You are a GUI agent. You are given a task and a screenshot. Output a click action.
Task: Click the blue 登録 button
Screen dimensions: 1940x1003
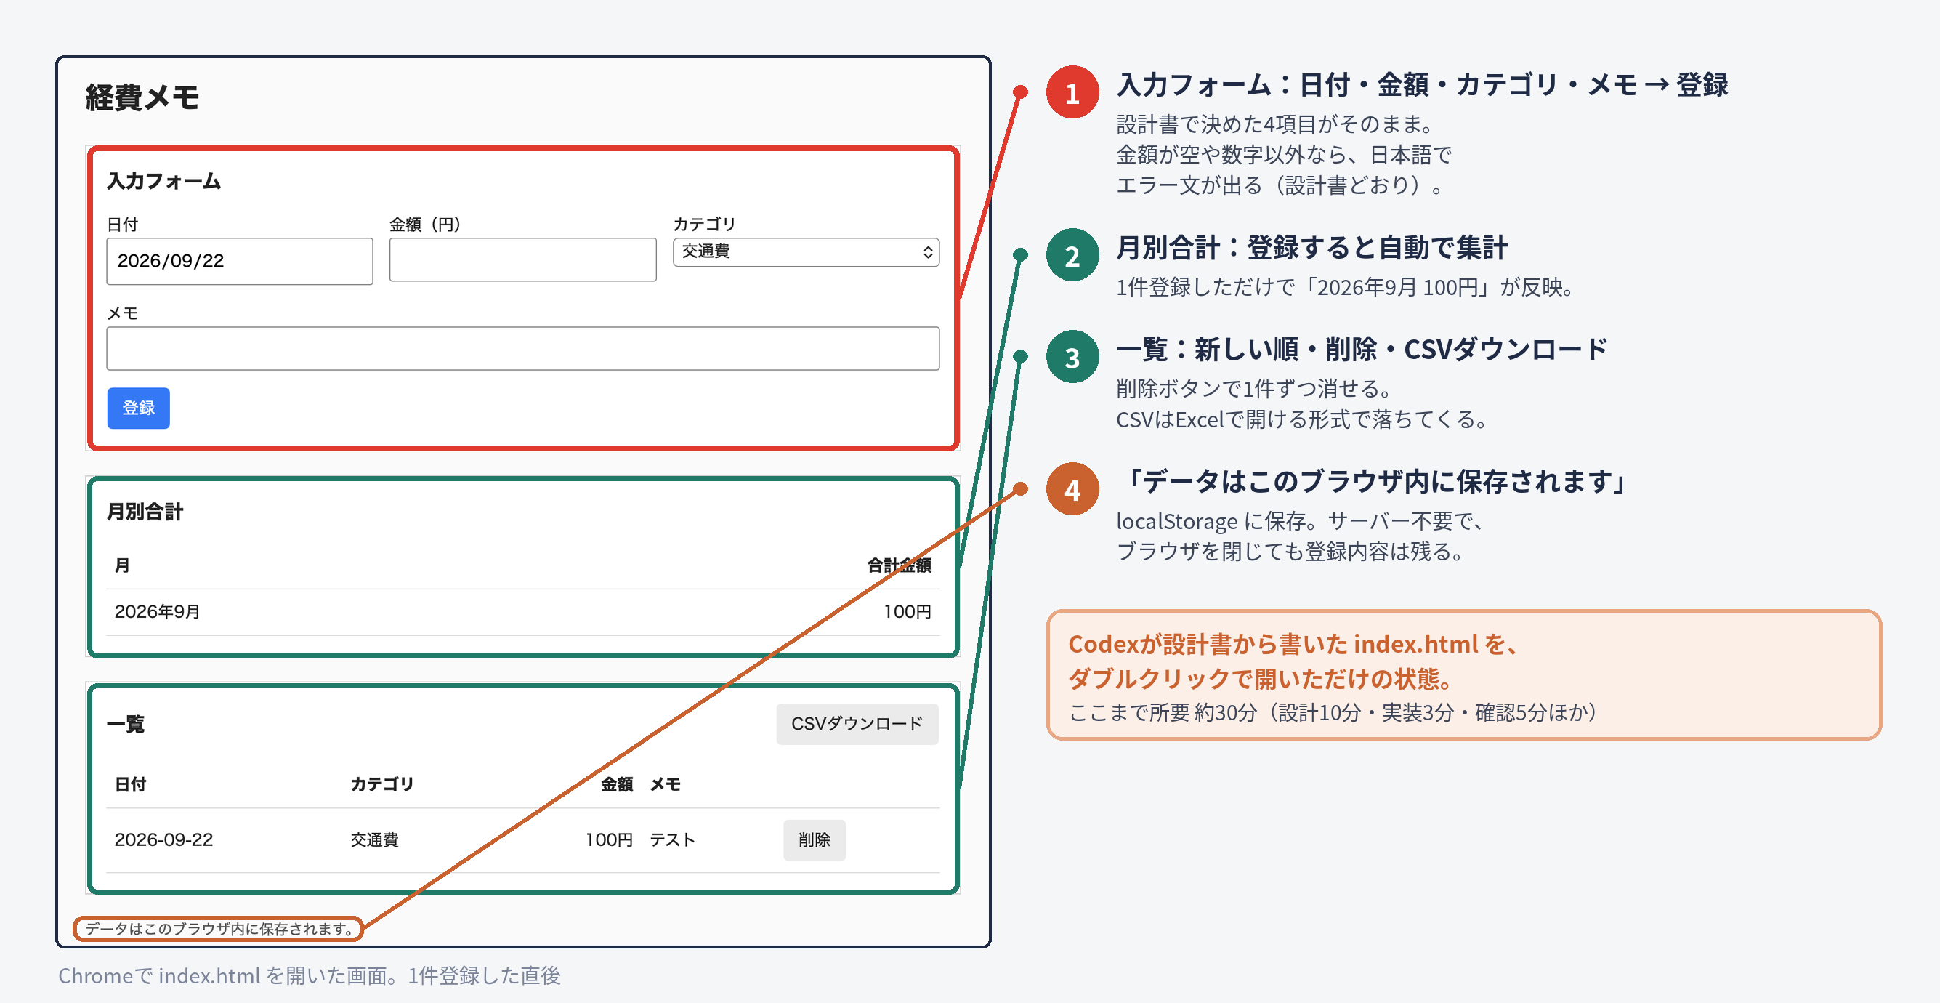click(139, 408)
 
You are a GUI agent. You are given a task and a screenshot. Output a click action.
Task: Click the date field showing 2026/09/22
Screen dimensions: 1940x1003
click(240, 261)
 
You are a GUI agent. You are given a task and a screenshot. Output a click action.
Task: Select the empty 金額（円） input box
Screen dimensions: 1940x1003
click(522, 260)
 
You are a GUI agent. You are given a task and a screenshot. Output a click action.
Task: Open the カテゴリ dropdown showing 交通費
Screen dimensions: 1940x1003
click(806, 251)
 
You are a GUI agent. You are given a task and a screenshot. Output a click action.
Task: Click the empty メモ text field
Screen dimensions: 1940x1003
click(522, 348)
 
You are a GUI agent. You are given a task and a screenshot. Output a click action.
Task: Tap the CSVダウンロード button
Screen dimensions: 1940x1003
click(857, 723)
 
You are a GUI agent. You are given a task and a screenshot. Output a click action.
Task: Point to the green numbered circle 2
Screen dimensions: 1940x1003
click(1072, 254)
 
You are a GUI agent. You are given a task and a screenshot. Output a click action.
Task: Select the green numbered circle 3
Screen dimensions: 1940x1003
click(1072, 356)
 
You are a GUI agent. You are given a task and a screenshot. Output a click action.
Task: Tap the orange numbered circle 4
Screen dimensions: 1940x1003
click(1072, 489)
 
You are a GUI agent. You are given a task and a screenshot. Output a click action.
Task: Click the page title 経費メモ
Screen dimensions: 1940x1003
click(142, 97)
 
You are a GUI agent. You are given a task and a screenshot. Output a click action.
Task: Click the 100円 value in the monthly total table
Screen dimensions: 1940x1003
click(908, 611)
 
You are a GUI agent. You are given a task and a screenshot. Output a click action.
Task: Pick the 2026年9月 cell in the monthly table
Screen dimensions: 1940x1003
click(158, 611)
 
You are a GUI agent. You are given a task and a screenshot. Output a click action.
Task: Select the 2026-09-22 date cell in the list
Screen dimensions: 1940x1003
click(163, 839)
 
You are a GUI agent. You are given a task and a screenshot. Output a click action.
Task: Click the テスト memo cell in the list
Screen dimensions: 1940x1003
click(673, 839)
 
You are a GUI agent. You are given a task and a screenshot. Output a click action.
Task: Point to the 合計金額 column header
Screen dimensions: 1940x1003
click(900, 565)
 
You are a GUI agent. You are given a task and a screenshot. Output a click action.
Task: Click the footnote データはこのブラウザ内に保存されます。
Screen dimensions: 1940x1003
click(219, 928)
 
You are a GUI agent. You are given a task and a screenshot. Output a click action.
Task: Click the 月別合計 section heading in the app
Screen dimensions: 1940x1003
click(145, 512)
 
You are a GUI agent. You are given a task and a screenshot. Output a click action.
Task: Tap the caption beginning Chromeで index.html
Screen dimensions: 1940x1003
click(310, 975)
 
